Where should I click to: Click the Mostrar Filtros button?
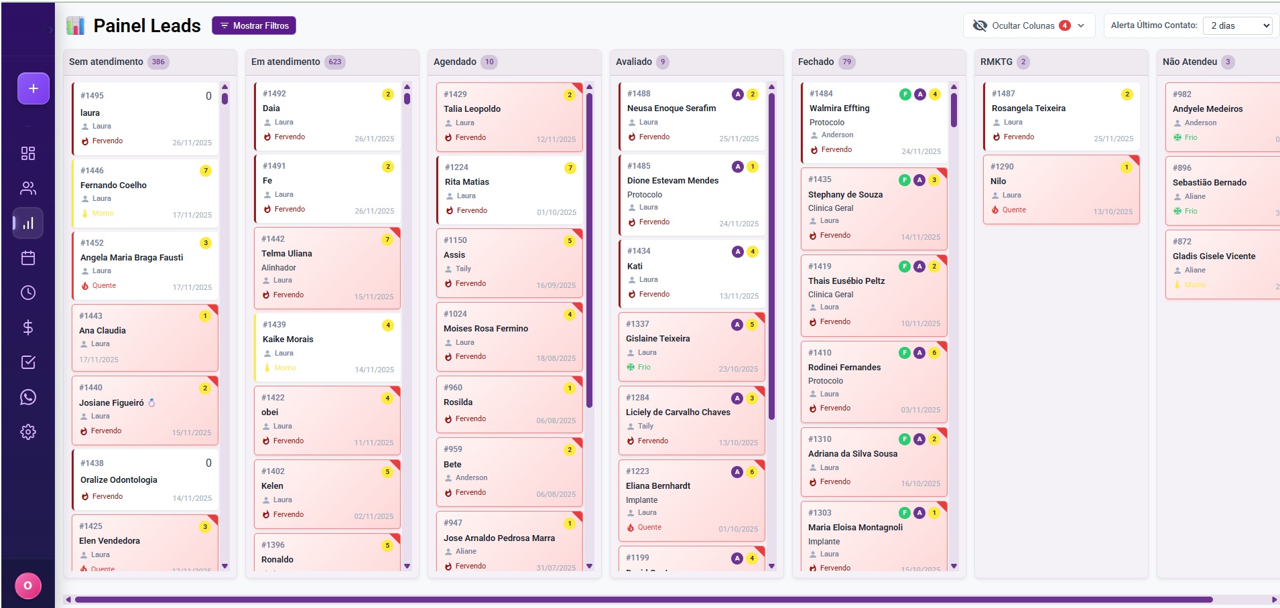tap(254, 25)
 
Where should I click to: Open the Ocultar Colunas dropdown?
tap(1029, 25)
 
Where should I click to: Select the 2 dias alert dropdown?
tap(1240, 25)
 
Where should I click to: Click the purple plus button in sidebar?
tap(34, 88)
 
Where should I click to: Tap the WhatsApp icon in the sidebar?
tap(28, 397)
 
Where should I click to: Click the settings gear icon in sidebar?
tap(28, 432)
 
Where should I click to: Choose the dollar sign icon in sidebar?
tap(28, 327)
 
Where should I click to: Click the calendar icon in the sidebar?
tap(28, 258)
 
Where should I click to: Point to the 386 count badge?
tap(158, 62)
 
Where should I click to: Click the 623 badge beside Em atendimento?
tap(335, 62)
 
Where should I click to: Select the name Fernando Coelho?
tap(113, 185)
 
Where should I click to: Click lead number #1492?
tap(274, 94)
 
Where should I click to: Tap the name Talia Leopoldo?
tap(472, 109)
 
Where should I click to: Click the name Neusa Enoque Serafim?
tap(671, 108)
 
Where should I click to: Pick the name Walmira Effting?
tap(839, 108)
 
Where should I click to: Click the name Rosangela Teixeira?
tap(1028, 108)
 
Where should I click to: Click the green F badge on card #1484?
tap(905, 94)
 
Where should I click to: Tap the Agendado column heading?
tap(455, 62)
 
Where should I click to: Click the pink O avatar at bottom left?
tap(28, 586)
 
